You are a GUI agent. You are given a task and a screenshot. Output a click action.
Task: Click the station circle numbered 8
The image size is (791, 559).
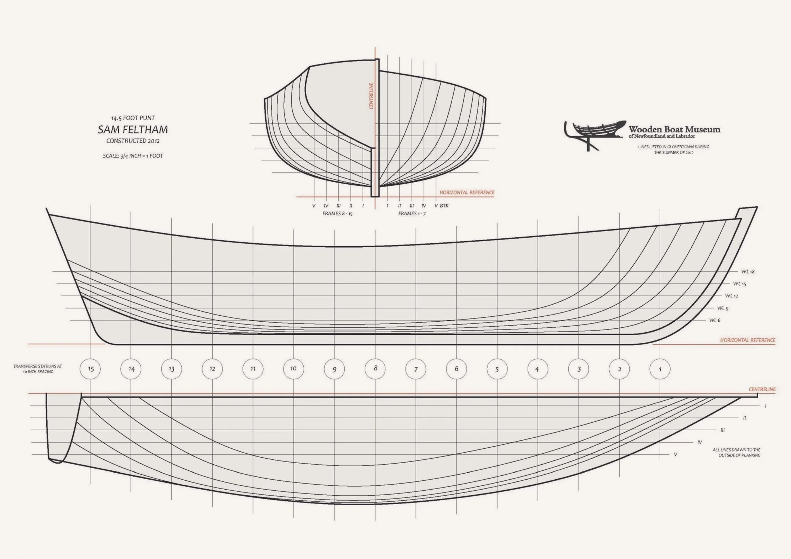point(375,369)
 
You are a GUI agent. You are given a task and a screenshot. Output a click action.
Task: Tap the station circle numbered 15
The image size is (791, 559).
point(90,369)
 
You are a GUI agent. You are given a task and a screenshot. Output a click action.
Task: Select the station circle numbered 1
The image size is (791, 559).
point(660,369)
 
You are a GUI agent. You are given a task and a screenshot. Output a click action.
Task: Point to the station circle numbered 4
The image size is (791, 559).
point(537,369)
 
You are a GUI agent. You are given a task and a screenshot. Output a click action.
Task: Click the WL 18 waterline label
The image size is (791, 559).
point(748,271)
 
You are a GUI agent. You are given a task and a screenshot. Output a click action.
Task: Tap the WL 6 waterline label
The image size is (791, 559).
point(714,320)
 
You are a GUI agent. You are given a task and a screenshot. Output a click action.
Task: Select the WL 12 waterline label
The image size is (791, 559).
point(732,296)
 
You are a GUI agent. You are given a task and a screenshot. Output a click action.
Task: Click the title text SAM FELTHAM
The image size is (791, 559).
point(133,130)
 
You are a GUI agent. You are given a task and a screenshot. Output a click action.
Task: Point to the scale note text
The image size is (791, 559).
point(133,156)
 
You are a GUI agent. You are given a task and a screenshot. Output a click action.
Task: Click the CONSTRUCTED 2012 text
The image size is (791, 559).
point(133,141)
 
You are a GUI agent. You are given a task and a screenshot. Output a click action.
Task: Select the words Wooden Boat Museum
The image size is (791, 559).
point(674,129)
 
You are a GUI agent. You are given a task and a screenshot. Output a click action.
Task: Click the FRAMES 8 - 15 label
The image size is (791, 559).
point(337,213)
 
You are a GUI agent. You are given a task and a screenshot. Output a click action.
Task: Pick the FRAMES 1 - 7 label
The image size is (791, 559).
point(412,213)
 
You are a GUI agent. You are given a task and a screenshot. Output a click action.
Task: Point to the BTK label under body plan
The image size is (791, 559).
point(444,206)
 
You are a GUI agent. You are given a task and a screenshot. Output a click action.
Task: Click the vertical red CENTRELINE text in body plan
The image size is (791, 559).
point(371,96)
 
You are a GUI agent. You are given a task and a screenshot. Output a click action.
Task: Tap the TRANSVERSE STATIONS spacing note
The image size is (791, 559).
point(38,369)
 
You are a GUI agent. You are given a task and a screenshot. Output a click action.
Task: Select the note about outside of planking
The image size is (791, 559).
point(737,452)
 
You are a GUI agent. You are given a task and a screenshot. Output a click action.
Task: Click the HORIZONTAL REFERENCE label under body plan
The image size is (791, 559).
point(467,193)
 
